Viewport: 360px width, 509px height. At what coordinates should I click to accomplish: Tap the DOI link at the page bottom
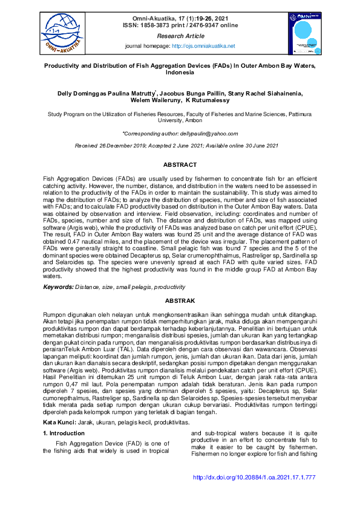[x=254, y=494]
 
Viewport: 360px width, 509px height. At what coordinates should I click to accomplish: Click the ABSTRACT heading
[x=180, y=164]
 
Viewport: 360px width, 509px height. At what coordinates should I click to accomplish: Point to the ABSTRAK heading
[x=180, y=300]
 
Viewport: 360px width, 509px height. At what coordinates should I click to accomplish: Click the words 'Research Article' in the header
[x=180, y=36]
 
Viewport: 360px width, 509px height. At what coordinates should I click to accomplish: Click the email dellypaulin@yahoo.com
[x=208, y=134]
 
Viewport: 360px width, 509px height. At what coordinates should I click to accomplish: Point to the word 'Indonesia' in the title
[x=180, y=72]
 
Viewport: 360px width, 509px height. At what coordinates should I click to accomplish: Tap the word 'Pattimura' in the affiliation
[x=299, y=114]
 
